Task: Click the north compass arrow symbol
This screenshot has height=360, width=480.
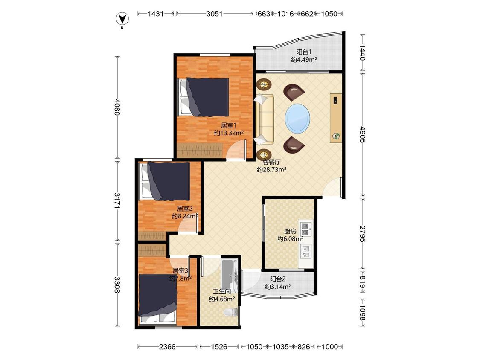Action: tap(122, 19)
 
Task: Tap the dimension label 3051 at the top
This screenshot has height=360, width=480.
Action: tap(214, 14)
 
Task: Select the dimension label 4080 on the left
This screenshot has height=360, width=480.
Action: tap(116, 107)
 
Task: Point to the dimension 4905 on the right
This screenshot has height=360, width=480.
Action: tap(362, 134)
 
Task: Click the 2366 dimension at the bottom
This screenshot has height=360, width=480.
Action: tap(167, 347)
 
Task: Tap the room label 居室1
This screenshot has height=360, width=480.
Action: tap(229, 125)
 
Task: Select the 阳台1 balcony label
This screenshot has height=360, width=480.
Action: tap(303, 52)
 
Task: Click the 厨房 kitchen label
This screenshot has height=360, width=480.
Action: tap(290, 231)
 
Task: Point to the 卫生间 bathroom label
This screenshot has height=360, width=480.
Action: tap(221, 291)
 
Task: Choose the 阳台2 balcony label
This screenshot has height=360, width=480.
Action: tap(278, 279)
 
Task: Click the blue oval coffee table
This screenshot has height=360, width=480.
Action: tap(297, 118)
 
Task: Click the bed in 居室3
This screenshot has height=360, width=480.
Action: tap(157, 299)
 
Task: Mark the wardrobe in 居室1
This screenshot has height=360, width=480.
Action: tap(200, 150)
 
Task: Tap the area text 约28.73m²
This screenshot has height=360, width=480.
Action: tap(271, 170)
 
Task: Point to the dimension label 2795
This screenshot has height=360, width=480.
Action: tap(362, 234)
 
